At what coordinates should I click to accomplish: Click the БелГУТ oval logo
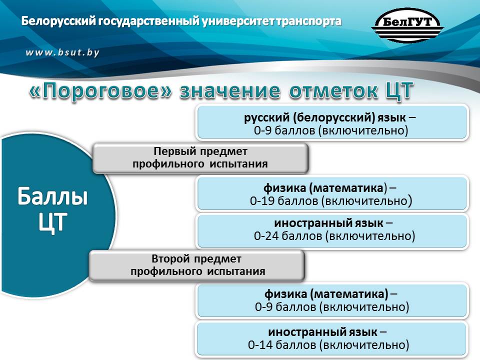[407, 25]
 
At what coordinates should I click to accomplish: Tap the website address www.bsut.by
[62, 52]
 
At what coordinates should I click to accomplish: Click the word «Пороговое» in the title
[100, 91]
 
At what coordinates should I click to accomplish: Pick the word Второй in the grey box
[170, 259]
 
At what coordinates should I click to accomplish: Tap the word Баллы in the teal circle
[52, 196]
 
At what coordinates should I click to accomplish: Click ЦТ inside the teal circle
[52, 222]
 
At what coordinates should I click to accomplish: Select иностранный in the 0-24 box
[313, 223]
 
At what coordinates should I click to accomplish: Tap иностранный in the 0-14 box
[307, 332]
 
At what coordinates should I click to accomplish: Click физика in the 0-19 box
[284, 188]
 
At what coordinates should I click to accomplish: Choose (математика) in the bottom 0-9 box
[349, 294]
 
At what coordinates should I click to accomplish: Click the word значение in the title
[229, 91]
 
